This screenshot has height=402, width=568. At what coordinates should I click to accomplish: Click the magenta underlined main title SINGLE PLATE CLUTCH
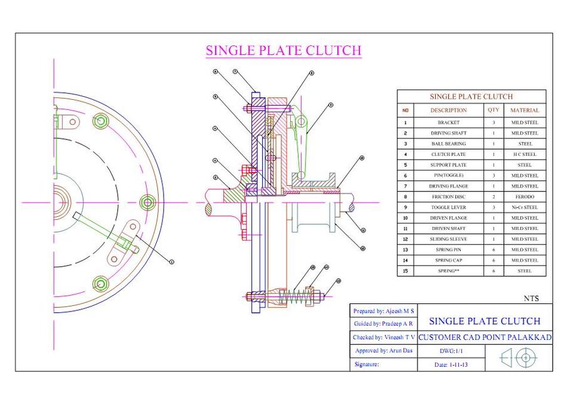[283, 50]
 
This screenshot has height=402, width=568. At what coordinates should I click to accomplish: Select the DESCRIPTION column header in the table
[448, 110]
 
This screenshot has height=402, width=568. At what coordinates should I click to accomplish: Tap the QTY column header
[493, 110]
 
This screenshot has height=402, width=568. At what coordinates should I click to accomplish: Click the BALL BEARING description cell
[448, 144]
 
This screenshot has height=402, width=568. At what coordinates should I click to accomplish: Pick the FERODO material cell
[525, 197]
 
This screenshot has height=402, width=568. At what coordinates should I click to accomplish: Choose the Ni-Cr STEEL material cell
[525, 207]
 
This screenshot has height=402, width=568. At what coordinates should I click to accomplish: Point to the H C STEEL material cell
[525, 155]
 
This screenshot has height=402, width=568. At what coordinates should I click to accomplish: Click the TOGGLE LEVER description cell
[448, 207]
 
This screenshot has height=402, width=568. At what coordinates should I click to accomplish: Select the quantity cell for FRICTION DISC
[493, 197]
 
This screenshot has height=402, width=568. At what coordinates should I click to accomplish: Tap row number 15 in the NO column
[405, 271]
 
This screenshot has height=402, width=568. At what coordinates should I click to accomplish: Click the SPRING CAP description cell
[448, 260]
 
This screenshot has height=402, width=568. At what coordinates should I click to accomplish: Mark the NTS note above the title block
[531, 298]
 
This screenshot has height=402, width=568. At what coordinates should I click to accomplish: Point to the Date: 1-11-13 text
[450, 364]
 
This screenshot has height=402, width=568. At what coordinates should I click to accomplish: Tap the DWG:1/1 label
[451, 351]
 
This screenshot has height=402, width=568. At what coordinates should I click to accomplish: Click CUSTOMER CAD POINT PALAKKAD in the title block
[485, 337]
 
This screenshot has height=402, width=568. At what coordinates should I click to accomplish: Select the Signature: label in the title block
[367, 364]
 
